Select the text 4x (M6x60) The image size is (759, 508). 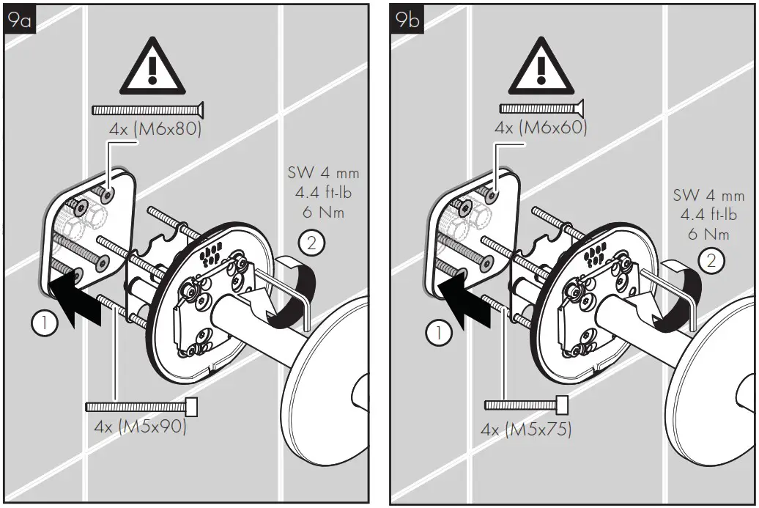coord(541,128)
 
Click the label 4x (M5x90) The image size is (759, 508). coord(141,427)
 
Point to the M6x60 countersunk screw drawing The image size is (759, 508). coord(541,108)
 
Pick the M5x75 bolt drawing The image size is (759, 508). coord(527,404)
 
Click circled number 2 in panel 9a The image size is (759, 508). coord(311,243)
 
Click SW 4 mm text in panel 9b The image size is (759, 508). coord(708,196)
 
